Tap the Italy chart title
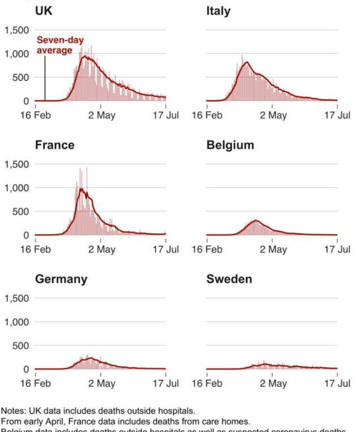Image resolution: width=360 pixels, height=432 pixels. [x=218, y=11]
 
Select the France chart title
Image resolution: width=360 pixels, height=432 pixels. [x=55, y=145]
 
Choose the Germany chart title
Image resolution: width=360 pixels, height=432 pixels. [x=61, y=279]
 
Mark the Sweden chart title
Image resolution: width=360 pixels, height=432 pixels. [x=229, y=279]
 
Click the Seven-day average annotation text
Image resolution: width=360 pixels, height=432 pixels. [x=55, y=46]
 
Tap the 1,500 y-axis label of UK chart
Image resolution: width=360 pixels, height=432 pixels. [x=17, y=31]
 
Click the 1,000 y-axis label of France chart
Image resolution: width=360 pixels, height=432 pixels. [x=17, y=188]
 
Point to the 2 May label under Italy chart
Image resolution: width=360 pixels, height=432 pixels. [x=273, y=115]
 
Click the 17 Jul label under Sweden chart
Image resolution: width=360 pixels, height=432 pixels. [x=337, y=384]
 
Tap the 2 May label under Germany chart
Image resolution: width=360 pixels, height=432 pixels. [x=102, y=384]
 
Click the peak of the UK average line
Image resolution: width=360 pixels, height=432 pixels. [x=85, y=56]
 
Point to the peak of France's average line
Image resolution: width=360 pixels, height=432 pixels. [x=81, y=189]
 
